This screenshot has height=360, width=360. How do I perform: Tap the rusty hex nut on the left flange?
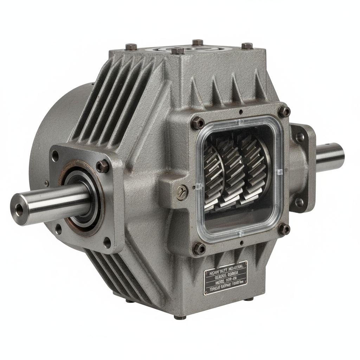pyautogui.click(x=102, y=166)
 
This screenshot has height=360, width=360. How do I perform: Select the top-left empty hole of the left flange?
pyautogui.click(x=56, y=156)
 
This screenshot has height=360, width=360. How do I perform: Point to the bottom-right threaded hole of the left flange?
pyautogui.click(x=107, y=242)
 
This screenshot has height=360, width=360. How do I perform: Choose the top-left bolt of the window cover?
pyautogui.click(x=198, y=123)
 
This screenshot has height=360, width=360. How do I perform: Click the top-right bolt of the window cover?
pyautogui.click(x=284, y=112)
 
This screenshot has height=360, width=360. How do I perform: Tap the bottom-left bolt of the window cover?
pyautogui.click(x=199, y=249)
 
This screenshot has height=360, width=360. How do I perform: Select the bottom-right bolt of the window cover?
pyautogui.click(x=284, y=230)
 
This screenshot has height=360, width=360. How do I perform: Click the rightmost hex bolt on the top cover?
pyautogui.click(x=247, y=46)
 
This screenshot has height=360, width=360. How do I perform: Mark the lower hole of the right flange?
pyautogui.click(x=299, y=202)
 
